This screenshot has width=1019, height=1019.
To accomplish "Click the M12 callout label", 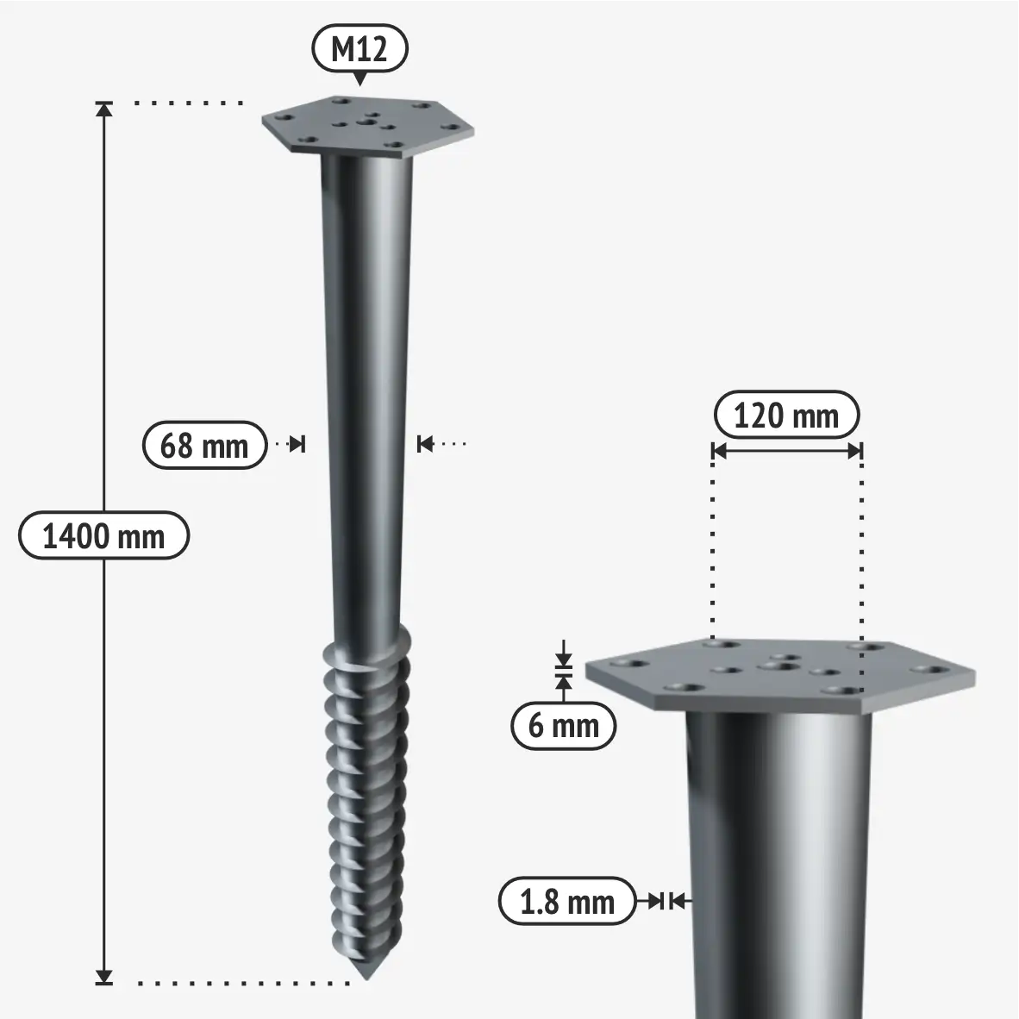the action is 359,49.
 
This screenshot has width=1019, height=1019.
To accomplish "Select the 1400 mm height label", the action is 104,535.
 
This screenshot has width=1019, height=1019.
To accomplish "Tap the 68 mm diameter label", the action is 204,445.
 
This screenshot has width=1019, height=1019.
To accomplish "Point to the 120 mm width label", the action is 786,415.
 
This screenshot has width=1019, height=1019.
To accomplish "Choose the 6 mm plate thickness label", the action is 564,725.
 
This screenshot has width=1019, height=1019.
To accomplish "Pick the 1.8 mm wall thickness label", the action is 566,902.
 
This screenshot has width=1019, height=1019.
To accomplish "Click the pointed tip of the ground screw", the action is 368,978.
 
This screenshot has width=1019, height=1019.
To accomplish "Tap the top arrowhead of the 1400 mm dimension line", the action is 104,109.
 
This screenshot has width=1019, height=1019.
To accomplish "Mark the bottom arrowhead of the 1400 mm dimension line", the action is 104,977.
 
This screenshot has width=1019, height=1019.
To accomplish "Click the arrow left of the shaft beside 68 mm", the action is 297,445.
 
